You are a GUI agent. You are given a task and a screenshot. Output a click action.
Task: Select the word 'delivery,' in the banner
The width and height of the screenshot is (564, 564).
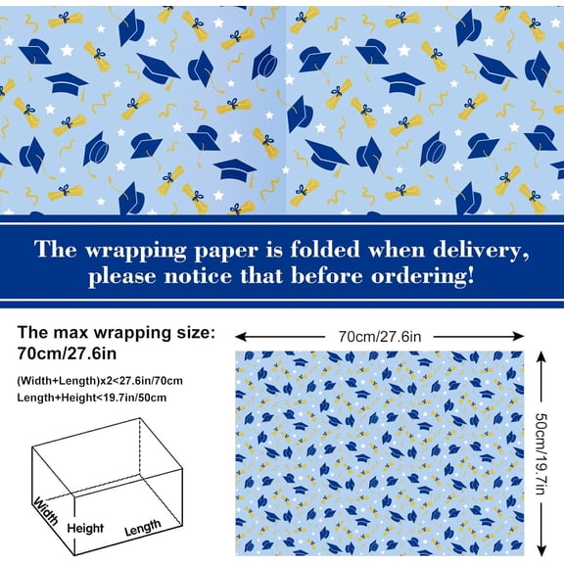click(x=486, y=250)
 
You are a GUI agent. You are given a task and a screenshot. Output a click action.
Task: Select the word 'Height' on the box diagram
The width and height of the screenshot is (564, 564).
click(x=85, y=529)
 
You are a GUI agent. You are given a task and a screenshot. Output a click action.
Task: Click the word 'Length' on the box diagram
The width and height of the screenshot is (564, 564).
click(x=142, y=527)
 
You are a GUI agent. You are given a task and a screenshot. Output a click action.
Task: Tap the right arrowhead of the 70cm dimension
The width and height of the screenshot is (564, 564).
click(x=523, y=336)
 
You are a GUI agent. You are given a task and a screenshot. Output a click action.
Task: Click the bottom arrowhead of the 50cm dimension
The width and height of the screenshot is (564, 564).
click(x=541, y=550)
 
